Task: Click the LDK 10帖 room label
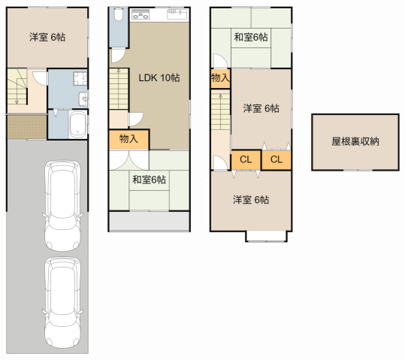pyautogui.click(x=158, y=77)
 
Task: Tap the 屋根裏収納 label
pyautogui.click(x=355, y=141)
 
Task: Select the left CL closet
pyautogui.click(x=246, y=159)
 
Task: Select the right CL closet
pyautogui.click(x=276, y=159)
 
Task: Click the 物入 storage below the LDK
pyautogui.click(x=128, y=139)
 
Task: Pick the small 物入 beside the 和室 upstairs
pyautogui.click(x=220, y=78)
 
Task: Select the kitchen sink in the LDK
pyautogui.click(x=174, y=14)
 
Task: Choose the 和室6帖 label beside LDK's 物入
pyautogui.click(x=150, y=179)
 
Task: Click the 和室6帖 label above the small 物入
pyautogui.click(x=250, y=37)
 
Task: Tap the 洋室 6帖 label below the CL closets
pyautogui.click(x=250, y=200)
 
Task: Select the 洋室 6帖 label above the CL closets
pyautogui.click(x=260, y=108)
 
